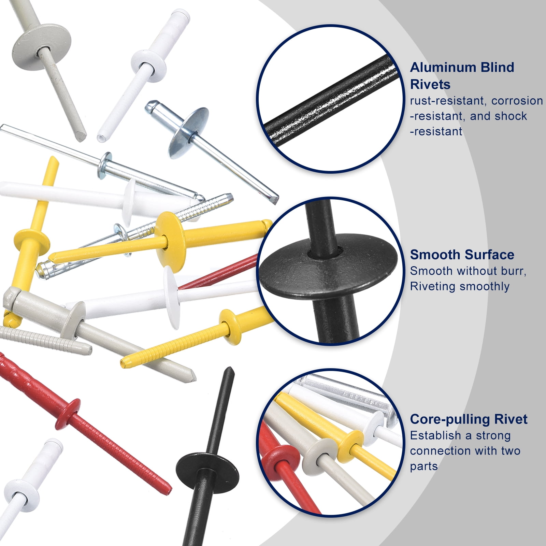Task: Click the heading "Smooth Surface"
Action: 462,255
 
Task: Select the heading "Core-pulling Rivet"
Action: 469,419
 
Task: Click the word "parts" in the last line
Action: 424,467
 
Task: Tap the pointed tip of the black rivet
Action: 229,369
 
